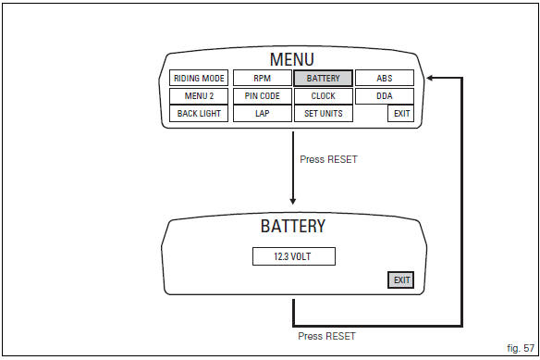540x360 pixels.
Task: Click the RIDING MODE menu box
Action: (x=199, y=79)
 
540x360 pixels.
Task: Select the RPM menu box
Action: (x=261, y=79)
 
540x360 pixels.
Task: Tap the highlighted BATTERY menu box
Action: (x=323, y=79)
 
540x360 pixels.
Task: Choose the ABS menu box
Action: (x=385, y=79)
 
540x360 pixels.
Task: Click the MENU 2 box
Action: (x=199, y=96)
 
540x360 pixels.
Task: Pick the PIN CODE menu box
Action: (x=261, y=96)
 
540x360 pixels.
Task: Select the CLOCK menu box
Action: (x=323, y=96)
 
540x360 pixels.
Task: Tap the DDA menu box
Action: (x=385, y=96)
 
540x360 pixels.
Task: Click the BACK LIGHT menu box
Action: (x=199, y=114)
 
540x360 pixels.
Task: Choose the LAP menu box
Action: (x=261, y=114)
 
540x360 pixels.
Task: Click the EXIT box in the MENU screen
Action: (x=400, y=114)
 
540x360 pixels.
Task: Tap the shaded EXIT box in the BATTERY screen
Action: (x=400, y=279)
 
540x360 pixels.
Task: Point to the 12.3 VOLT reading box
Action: (x=293, y=256)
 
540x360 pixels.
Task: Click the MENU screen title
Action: (x=292, y=60)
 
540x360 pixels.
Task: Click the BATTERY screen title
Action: (x=292, y=226)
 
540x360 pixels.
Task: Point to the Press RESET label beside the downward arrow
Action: (x=328, y=159)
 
